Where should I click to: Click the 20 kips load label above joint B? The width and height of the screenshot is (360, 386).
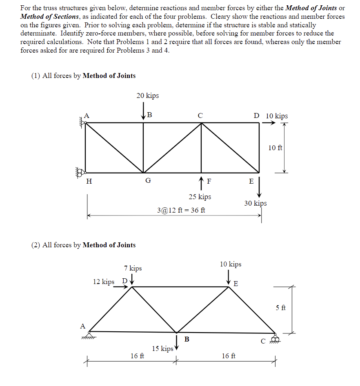(148, 95)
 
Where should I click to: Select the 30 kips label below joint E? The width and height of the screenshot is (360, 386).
(256, 203)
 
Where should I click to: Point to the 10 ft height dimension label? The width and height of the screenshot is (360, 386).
(275, 148)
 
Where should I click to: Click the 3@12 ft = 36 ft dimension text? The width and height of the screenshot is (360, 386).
(181, 210)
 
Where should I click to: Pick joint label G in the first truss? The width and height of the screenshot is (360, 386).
(148, 181)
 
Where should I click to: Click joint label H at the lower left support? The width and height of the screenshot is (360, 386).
(89, 181)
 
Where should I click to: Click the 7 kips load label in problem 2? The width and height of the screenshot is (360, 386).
(133, 268)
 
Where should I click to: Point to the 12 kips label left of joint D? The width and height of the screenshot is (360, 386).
(104, 282)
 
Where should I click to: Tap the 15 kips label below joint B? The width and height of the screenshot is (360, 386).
(162, 348)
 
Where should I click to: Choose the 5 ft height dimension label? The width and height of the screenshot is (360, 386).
(281, 308)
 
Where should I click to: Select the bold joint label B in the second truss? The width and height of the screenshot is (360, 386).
(187, 339)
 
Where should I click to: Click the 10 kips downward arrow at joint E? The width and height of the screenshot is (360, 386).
(229, 277)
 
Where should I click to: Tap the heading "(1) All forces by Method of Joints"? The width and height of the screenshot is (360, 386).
(83, 75)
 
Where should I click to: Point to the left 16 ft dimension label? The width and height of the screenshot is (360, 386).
(137, 356)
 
